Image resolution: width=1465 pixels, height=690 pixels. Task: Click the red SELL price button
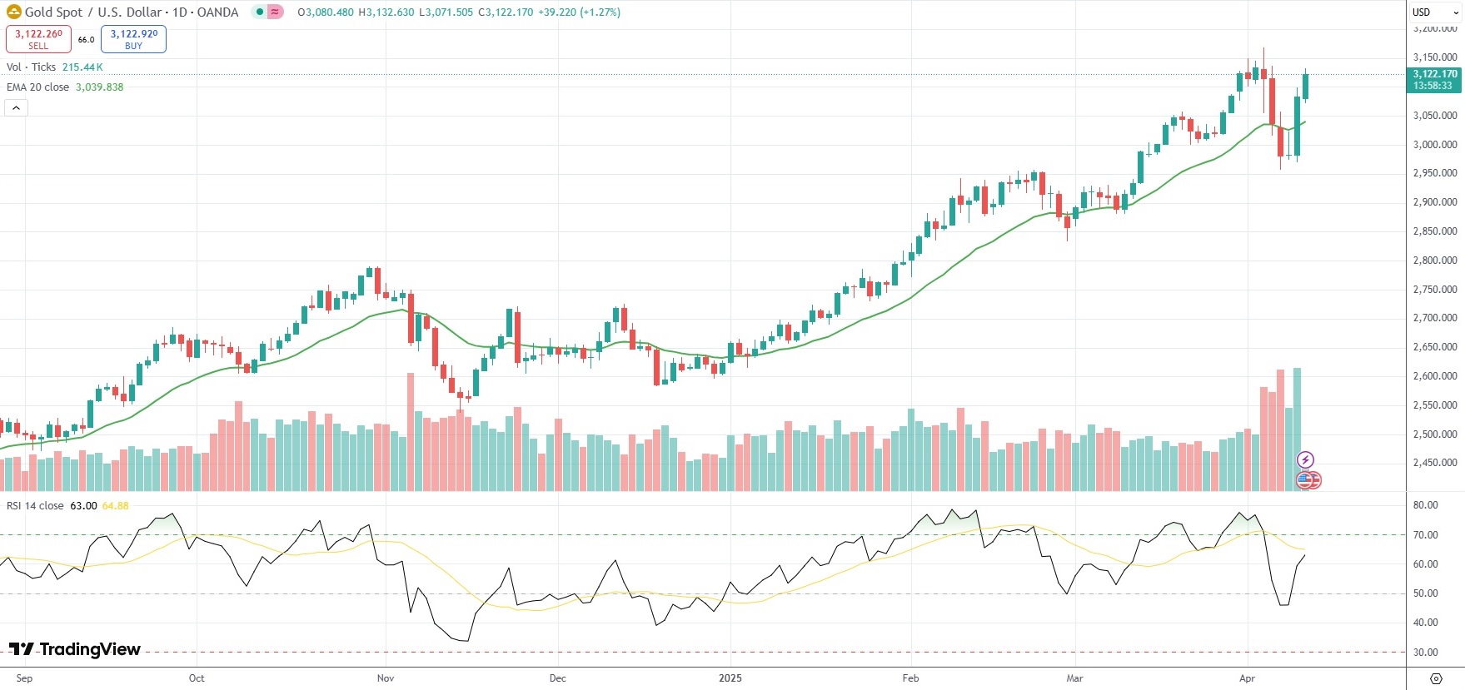(38, 39)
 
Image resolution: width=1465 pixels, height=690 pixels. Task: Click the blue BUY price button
(133, 39)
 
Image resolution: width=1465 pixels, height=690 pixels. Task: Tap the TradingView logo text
(75, 649)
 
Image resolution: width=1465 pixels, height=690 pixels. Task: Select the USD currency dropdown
(1434, 12)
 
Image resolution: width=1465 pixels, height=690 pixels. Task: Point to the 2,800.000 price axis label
(1434, 261)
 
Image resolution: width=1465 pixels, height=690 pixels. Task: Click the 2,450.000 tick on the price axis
(1434, 463)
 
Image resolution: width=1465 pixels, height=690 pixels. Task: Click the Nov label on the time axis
(385, 678)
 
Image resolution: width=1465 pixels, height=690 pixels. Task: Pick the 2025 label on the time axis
(730, 678)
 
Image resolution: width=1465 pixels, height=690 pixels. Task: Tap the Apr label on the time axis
(1247, 678)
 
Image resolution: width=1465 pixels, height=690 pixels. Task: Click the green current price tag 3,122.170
(1433, 80)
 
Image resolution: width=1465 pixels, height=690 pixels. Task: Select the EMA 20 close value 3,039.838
(99, 87)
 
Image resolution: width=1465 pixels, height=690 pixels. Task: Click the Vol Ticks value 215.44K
(82, 67)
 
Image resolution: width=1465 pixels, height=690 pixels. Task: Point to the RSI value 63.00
(83, 506)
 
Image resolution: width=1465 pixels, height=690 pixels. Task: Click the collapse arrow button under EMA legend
(16, 107)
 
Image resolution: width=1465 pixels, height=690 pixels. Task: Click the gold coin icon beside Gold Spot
(13, 12)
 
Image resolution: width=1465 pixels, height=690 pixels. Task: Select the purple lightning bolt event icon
(1305, 459)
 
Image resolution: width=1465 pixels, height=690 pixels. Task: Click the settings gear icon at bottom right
(1436, 678)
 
